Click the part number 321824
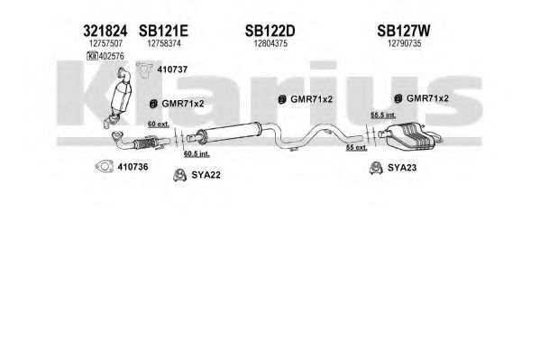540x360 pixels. click(x=105, y=31)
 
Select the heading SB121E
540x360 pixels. click(x=163, y=31)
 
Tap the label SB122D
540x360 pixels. click(x=270, y=31)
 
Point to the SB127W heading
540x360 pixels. click(x=404, y=31)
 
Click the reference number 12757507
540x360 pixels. click(x=105, y=43)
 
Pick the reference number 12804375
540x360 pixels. click(x=270, y=43)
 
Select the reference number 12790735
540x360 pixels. click(x=404, y=43)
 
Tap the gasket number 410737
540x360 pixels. click(x=172, y=69)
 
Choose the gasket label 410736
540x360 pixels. click(x=133, y=167)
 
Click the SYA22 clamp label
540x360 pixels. click(x=206, y=175)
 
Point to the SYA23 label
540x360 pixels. click(x=402, y=168)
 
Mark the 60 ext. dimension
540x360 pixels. click(x=159, y=124)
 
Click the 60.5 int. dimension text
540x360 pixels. click(x=197, y=153)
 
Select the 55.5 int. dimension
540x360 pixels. click(x=383, y=115)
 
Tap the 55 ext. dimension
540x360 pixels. click(x=357, y=148)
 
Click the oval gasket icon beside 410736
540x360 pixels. click(x=105, y=167)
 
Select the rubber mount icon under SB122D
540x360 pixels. click(x=282, y=99)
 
